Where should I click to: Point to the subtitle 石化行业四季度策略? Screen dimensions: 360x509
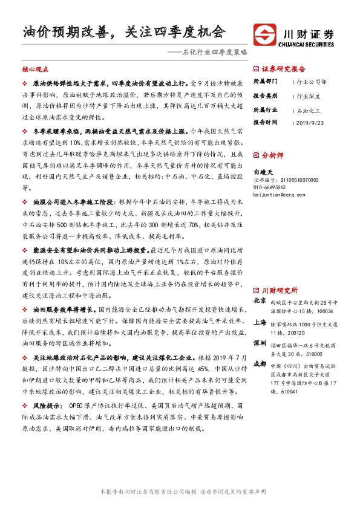pyautogui.click(x=208, y=53)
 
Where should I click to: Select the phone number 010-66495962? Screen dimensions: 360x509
pyautogui.click(x=272, y=187)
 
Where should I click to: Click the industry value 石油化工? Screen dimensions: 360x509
pyautogui.click(x=309, y=111)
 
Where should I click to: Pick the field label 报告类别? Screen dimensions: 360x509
pyautogui.click(x=264, y=96)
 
